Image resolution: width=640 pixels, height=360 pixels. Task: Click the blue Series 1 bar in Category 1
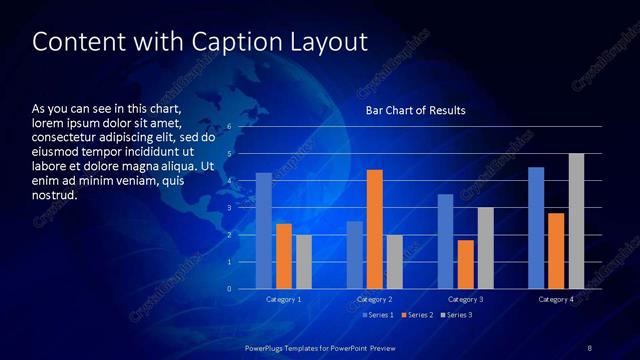pos(263,231)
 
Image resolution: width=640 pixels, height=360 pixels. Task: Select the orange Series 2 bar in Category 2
pos(375,229)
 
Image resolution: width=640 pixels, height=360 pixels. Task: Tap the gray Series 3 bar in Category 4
pos(576,221)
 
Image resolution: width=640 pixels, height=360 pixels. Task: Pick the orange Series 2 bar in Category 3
pos(466,264)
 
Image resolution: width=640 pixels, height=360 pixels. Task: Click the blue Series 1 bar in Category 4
pos(536,228)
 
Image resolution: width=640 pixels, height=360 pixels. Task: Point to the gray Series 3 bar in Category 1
pos(304,262)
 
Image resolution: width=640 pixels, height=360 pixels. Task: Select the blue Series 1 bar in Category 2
pos(355,255)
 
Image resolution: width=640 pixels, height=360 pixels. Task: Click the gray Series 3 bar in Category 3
pos(485,248)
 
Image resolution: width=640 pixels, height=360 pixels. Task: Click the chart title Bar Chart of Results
pos(416,110)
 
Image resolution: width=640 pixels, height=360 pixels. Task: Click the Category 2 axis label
pos(374,299)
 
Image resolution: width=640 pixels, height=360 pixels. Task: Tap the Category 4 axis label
pos(556,299)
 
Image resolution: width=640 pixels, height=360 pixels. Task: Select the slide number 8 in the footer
pos(589,347)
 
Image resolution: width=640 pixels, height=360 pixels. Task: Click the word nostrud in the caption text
pos(55,194)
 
